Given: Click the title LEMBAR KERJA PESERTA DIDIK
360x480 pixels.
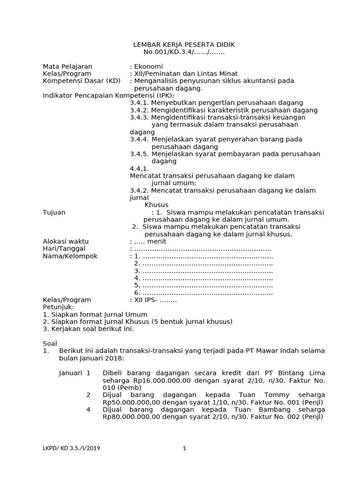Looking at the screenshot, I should click(184, 45).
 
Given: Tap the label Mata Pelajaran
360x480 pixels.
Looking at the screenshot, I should click(67, 67).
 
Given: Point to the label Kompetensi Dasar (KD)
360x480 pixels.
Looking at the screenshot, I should click(82, 81).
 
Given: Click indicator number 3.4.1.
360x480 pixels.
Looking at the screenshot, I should click(139, 103).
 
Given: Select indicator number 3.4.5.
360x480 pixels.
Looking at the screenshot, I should click(139, 154).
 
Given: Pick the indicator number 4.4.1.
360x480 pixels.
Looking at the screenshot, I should click(139, 168).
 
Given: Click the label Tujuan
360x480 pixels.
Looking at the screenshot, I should click(54, 212).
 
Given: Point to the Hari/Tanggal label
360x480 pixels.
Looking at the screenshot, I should click(64, 248).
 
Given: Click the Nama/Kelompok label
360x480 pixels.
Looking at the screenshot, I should click(70, 256).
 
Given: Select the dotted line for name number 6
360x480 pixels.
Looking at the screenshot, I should click(207, 292).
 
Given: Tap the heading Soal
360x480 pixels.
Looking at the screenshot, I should click(49, 344).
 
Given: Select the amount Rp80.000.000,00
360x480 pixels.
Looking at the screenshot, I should click(134, 417).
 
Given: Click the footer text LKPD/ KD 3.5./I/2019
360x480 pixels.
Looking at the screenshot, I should click(71, 448).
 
